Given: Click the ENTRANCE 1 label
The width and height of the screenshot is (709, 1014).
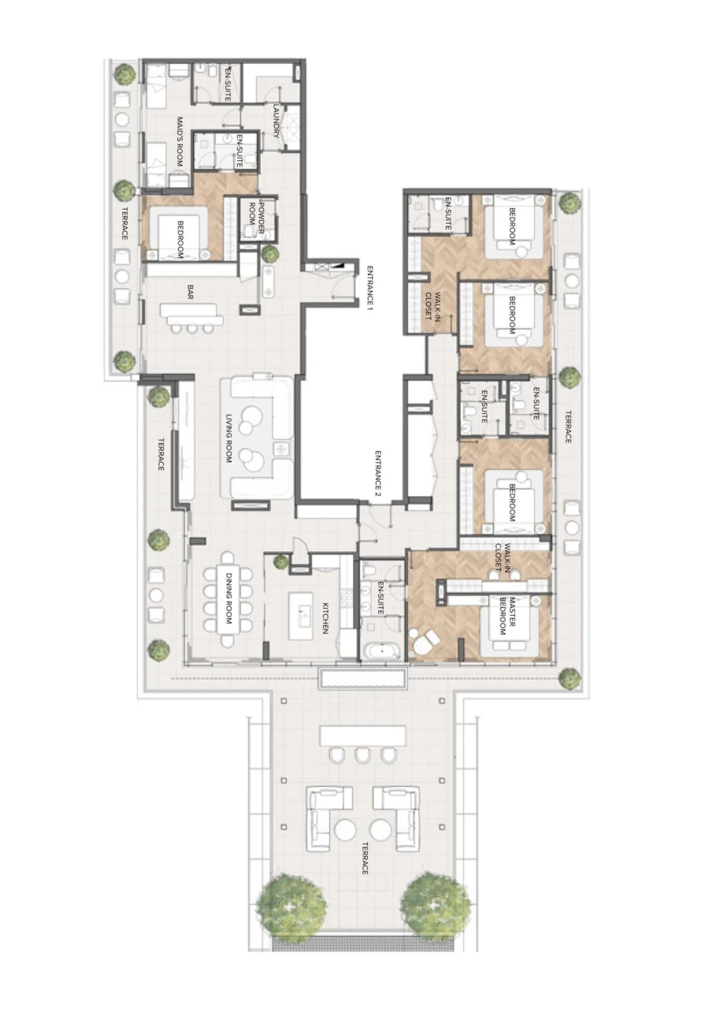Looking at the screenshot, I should (x=368, y=285).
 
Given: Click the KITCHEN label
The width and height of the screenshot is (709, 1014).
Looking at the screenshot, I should (x=324, y=618).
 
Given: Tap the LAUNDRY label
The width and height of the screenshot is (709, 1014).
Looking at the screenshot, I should (x=277, y=121).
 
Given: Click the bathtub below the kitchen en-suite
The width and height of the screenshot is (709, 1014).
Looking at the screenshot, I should (x=384, y=652).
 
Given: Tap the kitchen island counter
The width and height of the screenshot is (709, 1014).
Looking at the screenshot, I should (x=300, y=616).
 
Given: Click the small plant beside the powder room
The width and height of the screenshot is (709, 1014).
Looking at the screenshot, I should (x=270, y=254).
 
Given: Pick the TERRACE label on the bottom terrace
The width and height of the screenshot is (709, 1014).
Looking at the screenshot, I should (x=365, y=858).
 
